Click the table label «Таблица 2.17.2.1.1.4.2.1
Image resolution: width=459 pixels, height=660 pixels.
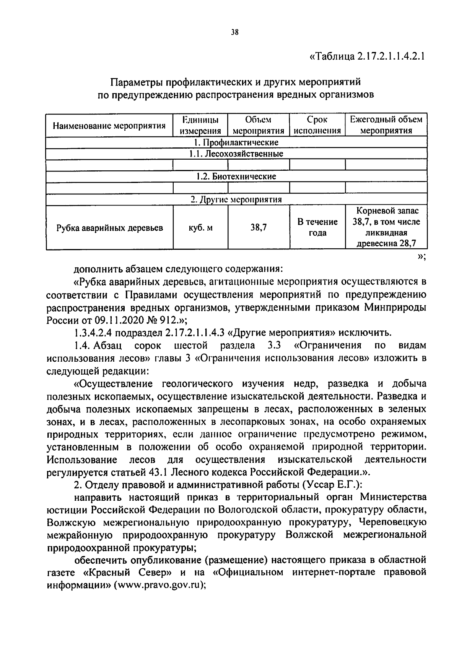coord(367,57)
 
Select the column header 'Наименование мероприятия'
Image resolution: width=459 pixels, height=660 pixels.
coord(109,125)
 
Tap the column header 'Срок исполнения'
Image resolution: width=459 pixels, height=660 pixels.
coord(317,125)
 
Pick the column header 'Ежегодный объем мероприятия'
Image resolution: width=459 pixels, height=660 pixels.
coord(386,125)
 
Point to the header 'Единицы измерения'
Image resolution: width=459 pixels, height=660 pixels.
coord(200,125)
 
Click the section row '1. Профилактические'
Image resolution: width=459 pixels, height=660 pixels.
coord(236,142)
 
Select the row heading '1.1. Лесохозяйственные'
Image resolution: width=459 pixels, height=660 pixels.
coord(236,154)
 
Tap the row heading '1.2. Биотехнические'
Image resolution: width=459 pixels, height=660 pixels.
coord(236,176)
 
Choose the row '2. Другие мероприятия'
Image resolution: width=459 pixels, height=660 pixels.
coord(236,199)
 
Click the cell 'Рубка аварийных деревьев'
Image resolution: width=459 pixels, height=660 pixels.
coord(109,228)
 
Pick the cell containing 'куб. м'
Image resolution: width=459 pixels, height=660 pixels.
coord(200,228)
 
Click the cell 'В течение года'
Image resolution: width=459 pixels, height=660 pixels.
coord(317,227)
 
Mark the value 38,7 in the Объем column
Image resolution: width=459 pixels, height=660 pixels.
coord(258,228)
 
